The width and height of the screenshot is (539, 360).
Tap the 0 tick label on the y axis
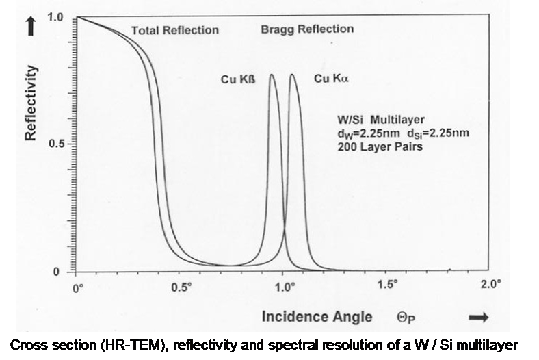tap(57, 272)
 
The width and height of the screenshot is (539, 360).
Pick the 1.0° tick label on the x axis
tap(284, 287)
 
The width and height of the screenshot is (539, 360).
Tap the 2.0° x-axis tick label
tap(491, 285)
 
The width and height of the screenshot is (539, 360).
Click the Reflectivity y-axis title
tap(30, 103)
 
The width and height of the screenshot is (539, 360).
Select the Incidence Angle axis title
tap(317, 316)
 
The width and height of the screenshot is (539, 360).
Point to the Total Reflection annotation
tap(175, 30)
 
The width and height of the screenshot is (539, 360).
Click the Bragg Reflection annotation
tap(307, 29)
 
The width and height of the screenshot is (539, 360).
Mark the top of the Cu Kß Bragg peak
tap(272, 75)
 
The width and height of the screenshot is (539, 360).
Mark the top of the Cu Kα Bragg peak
tap(293, 75)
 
